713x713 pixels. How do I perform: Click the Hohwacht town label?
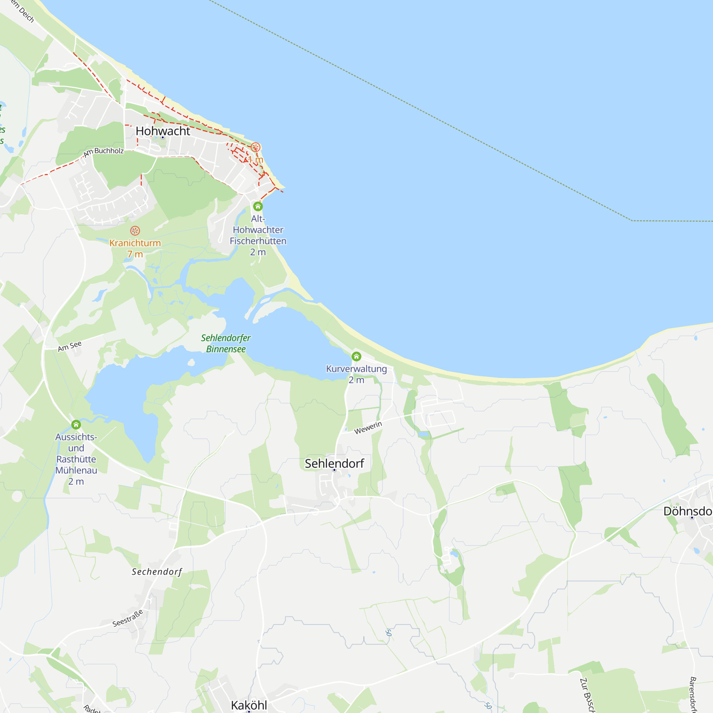(163, 131)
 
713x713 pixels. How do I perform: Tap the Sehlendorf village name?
(334, 463)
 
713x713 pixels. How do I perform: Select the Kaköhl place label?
(249, 705)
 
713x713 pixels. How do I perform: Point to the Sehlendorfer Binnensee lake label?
(226, 343)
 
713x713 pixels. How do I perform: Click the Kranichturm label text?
(135, 243)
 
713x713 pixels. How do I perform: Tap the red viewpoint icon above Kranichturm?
(135, 231)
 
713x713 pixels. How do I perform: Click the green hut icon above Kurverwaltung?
(356, 356)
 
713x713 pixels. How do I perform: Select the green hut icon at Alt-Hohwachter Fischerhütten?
(258, 206)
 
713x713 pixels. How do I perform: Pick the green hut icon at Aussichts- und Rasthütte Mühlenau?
(76, 425)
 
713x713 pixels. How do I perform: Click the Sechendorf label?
(157, 572)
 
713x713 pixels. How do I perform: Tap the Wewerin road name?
(368, 428)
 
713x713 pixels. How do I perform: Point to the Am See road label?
(70, 346)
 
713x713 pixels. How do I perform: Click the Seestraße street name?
(128, 618)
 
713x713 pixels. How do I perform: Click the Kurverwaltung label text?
(356, 369)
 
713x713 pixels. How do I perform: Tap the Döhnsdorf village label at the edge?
(688, 511)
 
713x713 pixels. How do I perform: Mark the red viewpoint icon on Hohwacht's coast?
(255, 148)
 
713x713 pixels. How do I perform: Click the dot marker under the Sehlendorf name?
(334, 470)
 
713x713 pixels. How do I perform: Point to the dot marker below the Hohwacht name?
(163, 138)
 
